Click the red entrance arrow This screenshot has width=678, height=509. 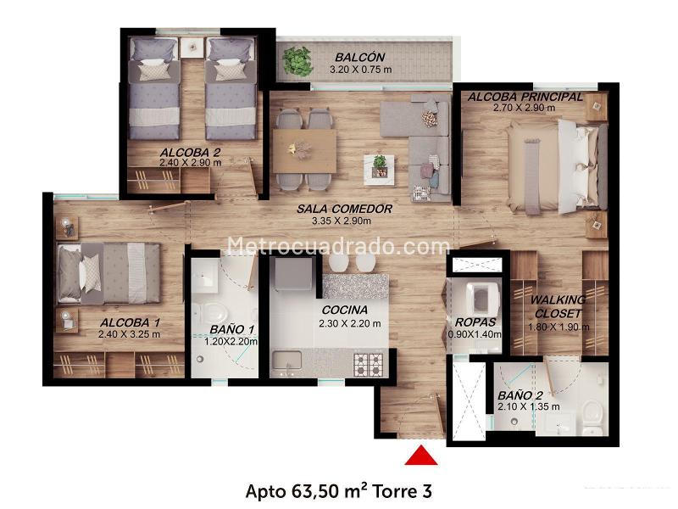tap(420, 456)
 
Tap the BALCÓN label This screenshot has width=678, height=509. tap(359, 57)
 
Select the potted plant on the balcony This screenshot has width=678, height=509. tap(297, 60)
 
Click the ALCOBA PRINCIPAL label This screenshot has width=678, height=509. tap(525, 97)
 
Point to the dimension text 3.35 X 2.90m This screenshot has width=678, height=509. tap(342, 221)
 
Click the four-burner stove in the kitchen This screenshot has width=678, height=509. tap(369, 365)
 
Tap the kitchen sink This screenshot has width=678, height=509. tap(286, 360)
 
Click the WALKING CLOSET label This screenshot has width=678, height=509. tap(558, 306)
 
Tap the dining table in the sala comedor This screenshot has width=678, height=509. tap(304, 151)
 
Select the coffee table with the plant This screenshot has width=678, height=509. tap(379, 169)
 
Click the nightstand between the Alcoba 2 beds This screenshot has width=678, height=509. tap(192, 47)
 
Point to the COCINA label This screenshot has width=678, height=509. tap(345, 310)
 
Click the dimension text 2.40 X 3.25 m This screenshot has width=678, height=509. tap(129, 334)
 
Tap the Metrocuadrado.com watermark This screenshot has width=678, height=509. tap(338, 246)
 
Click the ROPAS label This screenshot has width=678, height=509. tap(475, 322)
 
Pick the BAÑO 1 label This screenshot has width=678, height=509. tap(231, 329)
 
